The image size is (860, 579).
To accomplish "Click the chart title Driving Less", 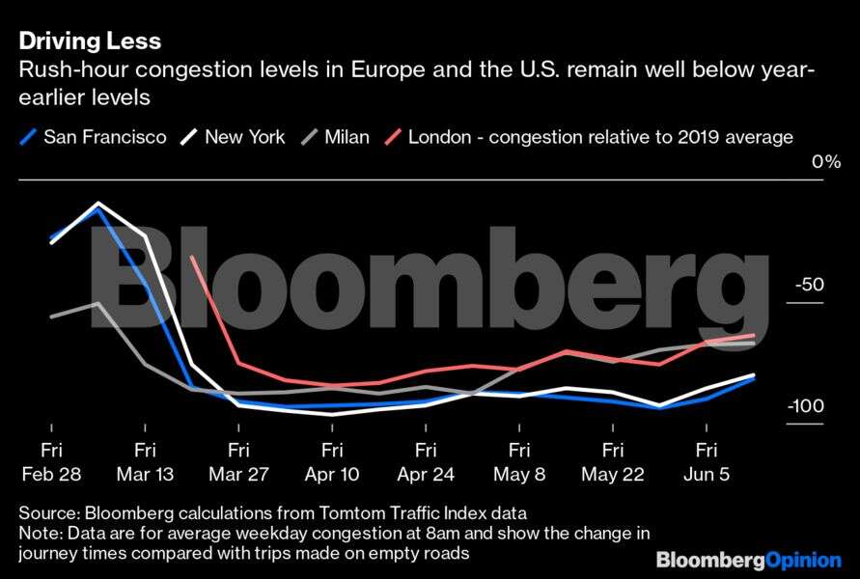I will click(88, 41).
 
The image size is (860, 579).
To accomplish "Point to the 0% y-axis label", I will click(825, 161).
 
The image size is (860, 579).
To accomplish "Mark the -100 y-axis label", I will click(804, 406).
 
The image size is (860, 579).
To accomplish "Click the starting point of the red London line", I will click(193, 257).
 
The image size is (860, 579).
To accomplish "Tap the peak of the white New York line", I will click(98, 204).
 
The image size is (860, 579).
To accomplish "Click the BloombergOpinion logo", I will click(749, 560).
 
